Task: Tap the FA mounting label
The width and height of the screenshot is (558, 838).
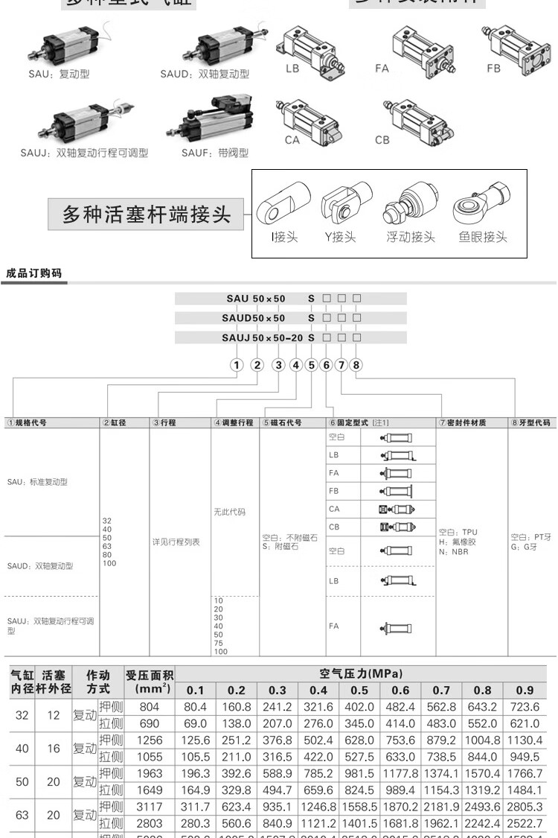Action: [382, 69]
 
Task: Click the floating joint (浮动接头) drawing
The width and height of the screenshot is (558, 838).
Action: [408, 206]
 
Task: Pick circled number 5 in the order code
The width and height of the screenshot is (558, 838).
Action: [312, 365]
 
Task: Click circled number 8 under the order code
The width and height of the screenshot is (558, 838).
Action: [356, 365]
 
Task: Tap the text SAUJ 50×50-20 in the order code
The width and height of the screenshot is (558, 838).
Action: [263, 337]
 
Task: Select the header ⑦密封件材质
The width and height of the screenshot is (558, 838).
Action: [464, 422]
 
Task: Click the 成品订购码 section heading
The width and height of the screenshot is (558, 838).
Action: [33, 273]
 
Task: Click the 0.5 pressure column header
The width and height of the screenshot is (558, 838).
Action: [359, 691]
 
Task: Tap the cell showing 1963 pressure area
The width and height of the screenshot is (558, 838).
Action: [150, 774]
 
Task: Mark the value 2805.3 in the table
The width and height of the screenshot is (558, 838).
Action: [525, 807]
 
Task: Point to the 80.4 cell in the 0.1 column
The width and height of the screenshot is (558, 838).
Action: [195, 706]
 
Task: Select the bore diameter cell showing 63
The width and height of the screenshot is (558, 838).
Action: [22, 814]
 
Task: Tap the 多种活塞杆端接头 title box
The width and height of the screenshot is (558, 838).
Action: [146, 215]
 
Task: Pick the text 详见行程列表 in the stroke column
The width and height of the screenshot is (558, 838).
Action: [176, 542]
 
